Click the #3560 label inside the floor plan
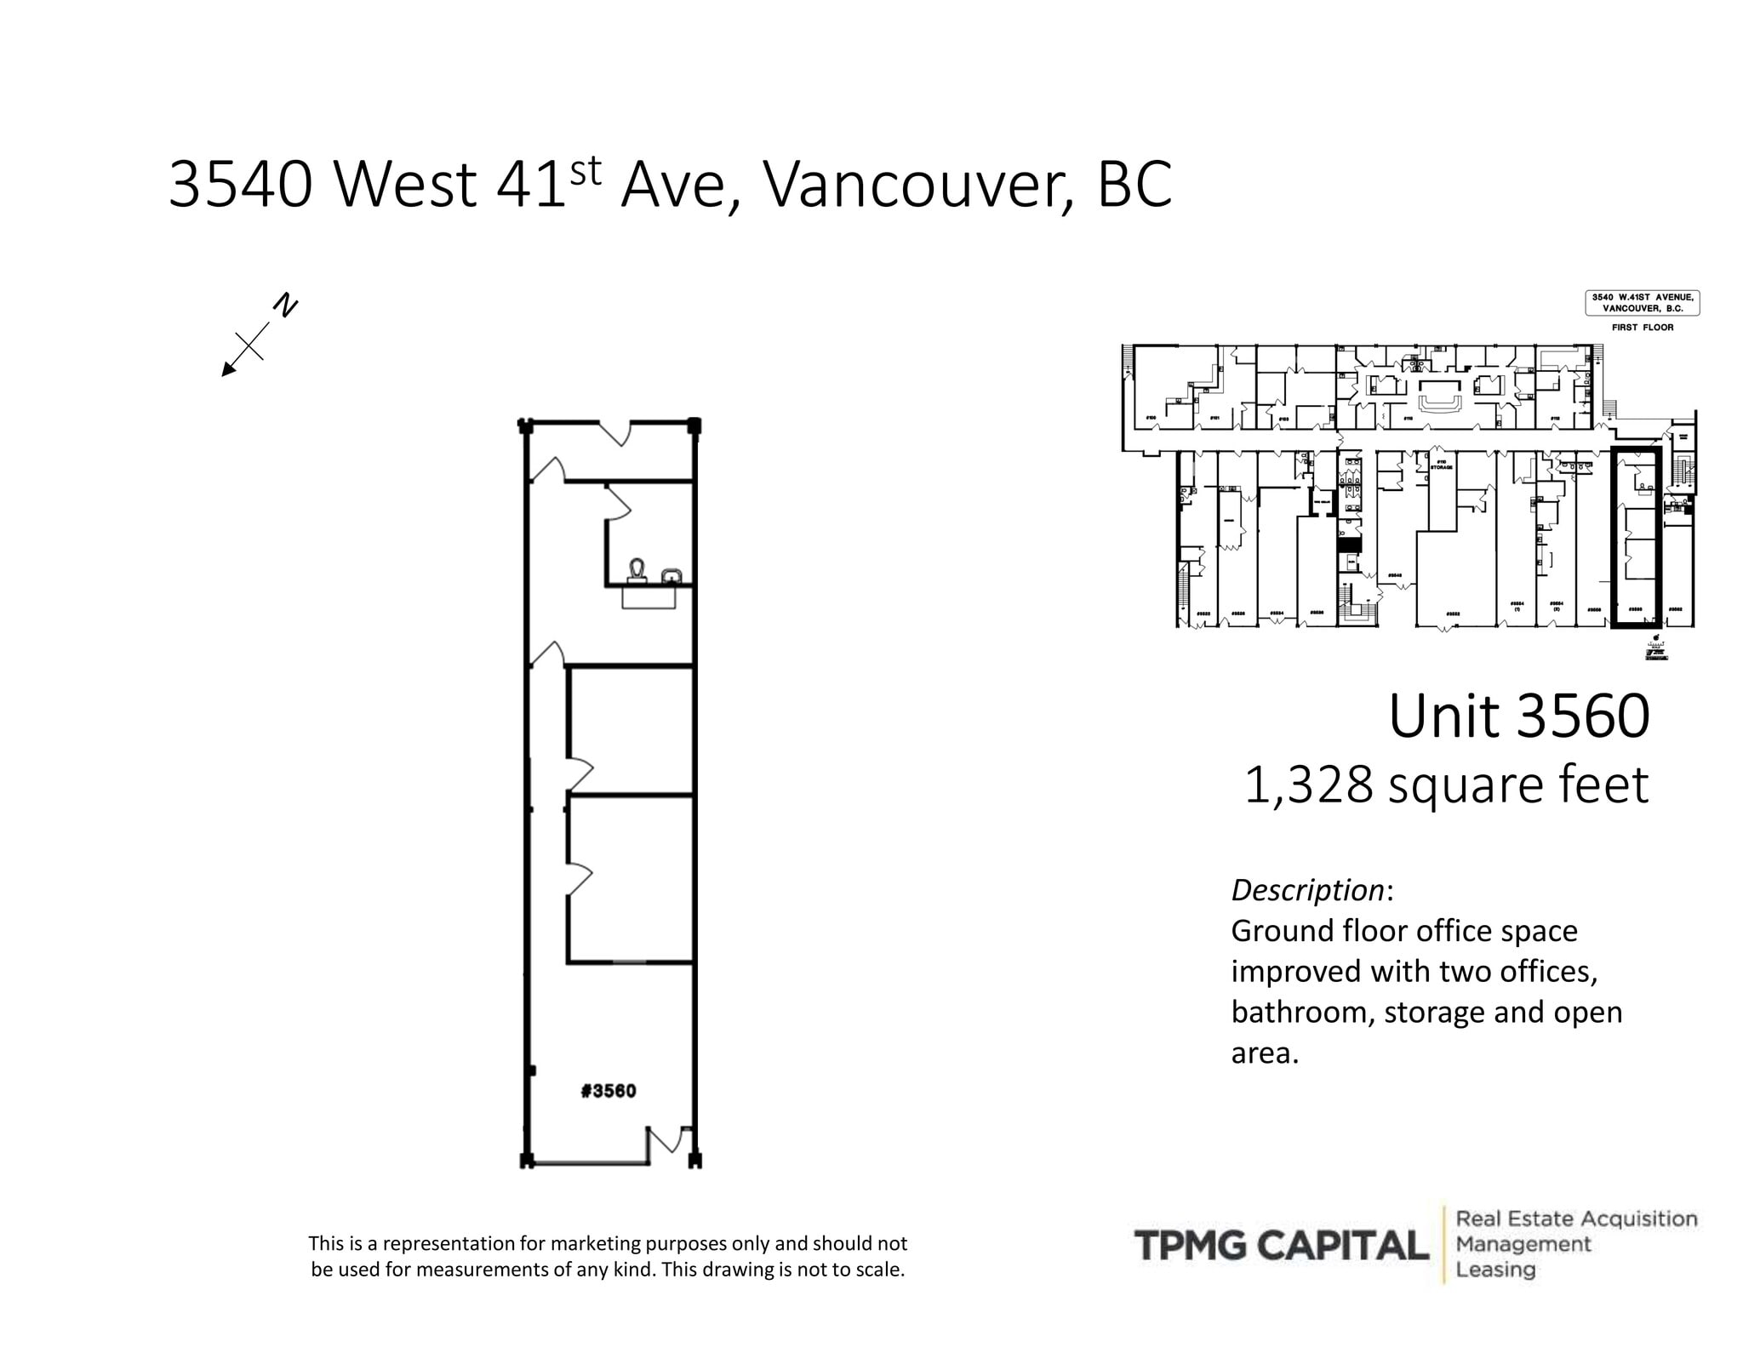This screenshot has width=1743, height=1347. point(608,1091)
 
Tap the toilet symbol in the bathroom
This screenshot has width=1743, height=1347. point(637,570)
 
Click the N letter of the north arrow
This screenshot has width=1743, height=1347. point(286,305)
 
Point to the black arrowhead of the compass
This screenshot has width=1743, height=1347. point(228,369)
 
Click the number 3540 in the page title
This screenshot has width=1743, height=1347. point(240,185)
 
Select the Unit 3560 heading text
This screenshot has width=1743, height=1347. point(1518,716)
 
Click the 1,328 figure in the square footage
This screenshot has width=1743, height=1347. point(1308,785)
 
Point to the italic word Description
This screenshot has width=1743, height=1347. point(1307,890)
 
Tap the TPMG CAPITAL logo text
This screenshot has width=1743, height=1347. point(1281,1246)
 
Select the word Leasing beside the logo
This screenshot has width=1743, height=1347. point(1495,1270)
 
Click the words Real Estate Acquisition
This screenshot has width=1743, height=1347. point(1576,1219)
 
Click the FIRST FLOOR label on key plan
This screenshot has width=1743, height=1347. point(1642,328)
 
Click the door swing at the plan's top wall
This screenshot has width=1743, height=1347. point(614,433)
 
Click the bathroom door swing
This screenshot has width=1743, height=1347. point(617,504)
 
